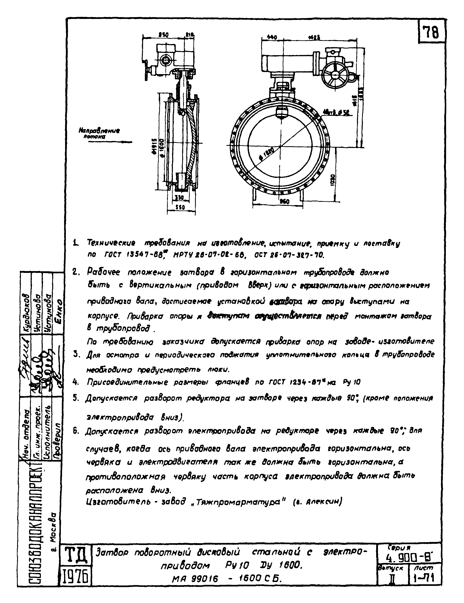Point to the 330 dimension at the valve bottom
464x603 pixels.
(180, 198)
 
